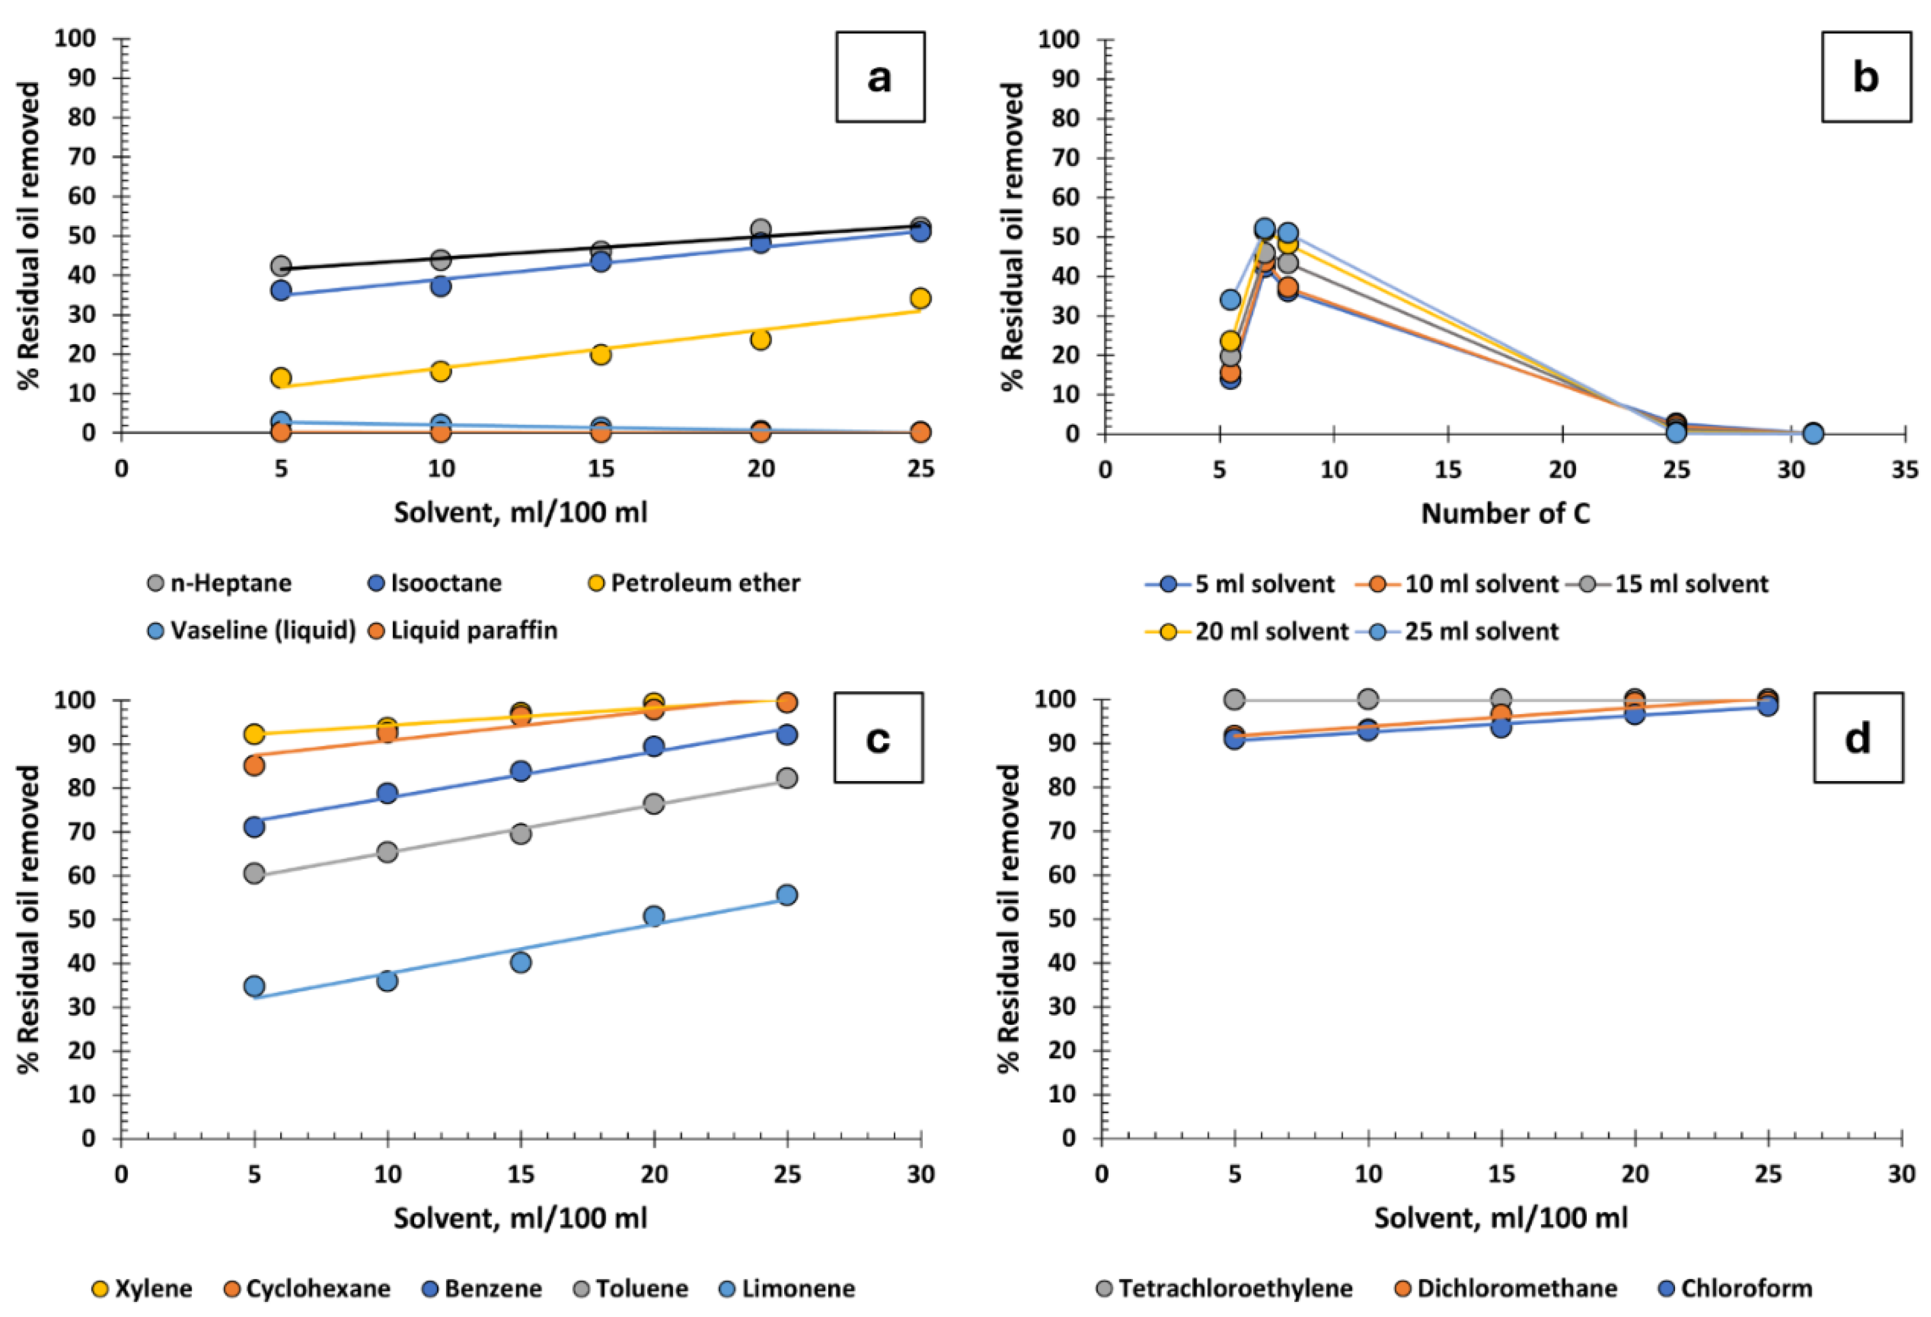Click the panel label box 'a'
click(x=879, y=77)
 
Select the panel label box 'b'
click(x=1866, y=77)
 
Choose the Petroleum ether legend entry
click(x=693, y=583)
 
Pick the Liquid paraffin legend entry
click(x=462, y=631)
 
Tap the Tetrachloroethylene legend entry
click(x=1224, y=1289)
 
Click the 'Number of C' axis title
click(x=1505, y=514)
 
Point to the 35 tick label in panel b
click(x=1904, y=470)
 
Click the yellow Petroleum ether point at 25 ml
click(x=920, y=298)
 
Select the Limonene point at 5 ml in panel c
click(x=254, y=986)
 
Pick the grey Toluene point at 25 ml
click(x=787, y=778)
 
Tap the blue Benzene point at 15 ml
click(x=521, y=771)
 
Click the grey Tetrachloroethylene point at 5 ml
click(x=1235, y=699)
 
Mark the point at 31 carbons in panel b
click(x=1813, y=433)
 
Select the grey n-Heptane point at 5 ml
click(x=281, y=266)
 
